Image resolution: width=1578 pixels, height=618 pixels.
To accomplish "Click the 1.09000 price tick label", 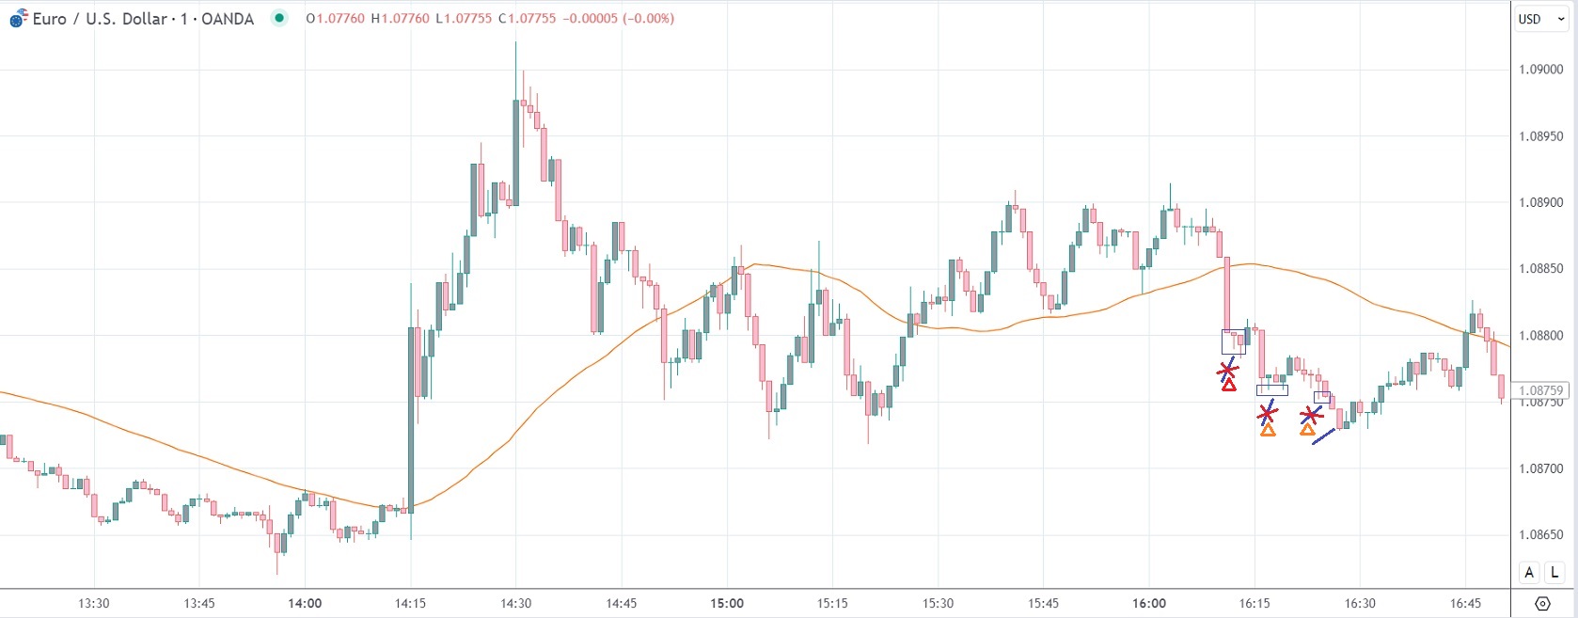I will pyautogui.click(x=1541, y=70).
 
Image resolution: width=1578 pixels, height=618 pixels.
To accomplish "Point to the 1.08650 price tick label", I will pyautogui.click(x=1541, y=535).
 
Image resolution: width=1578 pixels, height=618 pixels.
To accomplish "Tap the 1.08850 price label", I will pyautogui.click(x=1541, y=269).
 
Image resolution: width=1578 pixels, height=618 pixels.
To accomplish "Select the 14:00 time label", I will pyautogui.click(x=305, y=603).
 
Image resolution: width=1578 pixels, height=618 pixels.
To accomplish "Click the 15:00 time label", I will pyautogui.click(x=727, y=603).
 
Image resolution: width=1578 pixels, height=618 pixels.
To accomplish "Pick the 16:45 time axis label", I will pyautogui.click(x=1465, y=603).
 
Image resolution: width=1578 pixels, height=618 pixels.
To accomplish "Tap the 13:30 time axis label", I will pyautogui.click(x=94, y=603).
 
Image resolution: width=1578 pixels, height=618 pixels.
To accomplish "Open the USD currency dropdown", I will pyautogui.click(x=1540, y=19).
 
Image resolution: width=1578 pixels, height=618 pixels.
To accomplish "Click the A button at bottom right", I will pyautogui.click(x=1529, y=572).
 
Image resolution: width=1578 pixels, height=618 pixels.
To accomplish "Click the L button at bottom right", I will pyautogui.click(x=1554, y=572).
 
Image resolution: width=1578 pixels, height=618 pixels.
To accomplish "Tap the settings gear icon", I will pyautogui.click(x=1542, y=603).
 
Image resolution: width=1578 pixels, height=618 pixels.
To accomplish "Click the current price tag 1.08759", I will pyautogui.click(x=1540, y=390).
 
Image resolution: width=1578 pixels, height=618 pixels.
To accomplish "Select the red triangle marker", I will pyautogui.click(x=1229, y=385).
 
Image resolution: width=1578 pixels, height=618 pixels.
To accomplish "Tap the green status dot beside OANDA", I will pyautogui.click(x=279, y=18).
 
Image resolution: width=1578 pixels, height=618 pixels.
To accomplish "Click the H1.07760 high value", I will pyautogui.click(x=400, y=19).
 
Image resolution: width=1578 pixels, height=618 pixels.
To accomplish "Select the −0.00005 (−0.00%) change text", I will pyautogui.click(x=618, y=19).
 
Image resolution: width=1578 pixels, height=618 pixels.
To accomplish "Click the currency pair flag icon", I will pyautogui.click(x=19, y=18).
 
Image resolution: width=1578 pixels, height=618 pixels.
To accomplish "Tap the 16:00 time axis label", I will pyautogui.click(x=1149, y=603).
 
